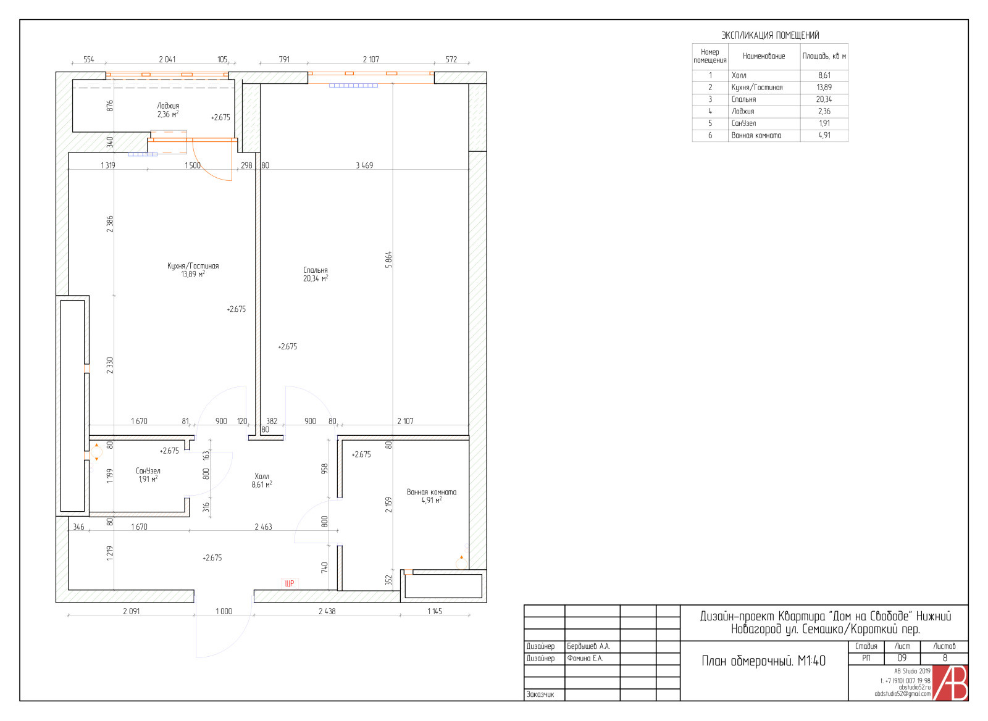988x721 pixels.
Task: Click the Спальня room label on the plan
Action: pyautogui.click(x=316, y=270)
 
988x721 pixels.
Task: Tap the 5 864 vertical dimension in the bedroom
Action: pyautogui.click(x=388, y=260)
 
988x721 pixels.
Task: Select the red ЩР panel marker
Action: pyautogui.click(x=290, y=583)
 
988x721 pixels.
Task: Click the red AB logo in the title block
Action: pyautogui.click(x=950, y=683)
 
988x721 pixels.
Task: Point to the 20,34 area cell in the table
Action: pyautogui.click(x=824, y=99)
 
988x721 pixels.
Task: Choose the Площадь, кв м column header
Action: pyautogui.click(x=824, y=56)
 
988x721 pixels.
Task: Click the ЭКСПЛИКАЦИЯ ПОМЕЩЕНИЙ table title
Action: pyautogui.click(x=770, y=35)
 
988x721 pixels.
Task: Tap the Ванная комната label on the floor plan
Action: pyautogui.click(x=432, y=492)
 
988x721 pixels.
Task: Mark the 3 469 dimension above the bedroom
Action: pyautogui.click(x=364, y=165)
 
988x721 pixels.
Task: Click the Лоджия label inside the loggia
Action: pyautogui.click(x=168, y=106)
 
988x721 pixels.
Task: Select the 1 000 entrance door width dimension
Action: pyautogui.click(x=224, y=611)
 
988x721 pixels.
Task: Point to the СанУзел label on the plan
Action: pyautogui.click(x=148, y=471)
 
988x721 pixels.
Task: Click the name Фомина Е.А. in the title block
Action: pyautogui.click(x=585, y=659)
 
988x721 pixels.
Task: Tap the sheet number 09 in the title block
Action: pyautogui.click(x=902, y=658)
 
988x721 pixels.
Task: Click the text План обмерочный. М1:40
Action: pyautogui.click(x=763, y=661)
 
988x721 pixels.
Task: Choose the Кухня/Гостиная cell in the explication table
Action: pyautogui.click(x=757, y=88)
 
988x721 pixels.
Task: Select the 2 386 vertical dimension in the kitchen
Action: pyautogui.click(x=110, y=224)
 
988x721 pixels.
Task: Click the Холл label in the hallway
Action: pyautogui.click(x=262, y=477)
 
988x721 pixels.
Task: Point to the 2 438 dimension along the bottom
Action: pyautogui.click(x=327, y=611)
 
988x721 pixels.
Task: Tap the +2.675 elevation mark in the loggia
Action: pyautogui.click(x=220, y=117)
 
